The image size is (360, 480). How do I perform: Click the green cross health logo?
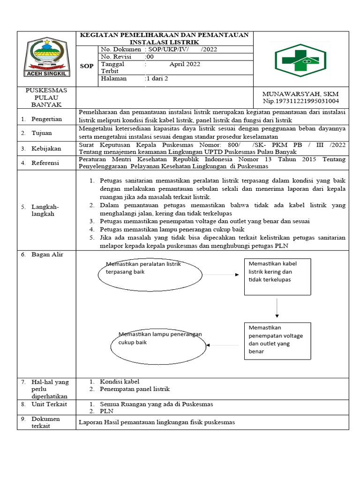pyautogui.click(x=301, y=60)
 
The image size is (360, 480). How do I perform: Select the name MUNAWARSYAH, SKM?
pyautogui.click(x=300, y=94)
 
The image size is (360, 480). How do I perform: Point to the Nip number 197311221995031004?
pyautogui.click(x=300, y=101)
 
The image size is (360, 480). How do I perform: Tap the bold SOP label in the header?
pyautogui.click(x=87, y=66)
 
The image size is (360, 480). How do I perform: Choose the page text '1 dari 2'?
pyautogui.click(x=157, y=79)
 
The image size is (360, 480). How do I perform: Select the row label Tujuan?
pyautogui.click(x=42, y=133)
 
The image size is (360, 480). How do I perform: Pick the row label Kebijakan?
pyautogui.click(x=46, y=148)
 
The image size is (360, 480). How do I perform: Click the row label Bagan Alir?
pyautogui.click(x=47, y=255)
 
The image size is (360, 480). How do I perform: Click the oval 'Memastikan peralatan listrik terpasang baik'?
pyautogui.click(x=142, y=275)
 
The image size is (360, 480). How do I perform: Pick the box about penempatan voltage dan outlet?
pyautogui.click(x=277, y=340)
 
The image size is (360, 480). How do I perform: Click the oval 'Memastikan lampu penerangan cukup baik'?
pyautogui.click(x=158, y=345)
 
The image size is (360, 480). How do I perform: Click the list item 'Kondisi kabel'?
pyautogui.click(x=120, y=382)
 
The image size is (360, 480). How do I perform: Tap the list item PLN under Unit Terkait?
pyautogui.click(x=106, y=411)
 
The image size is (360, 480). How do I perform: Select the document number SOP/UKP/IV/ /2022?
pyautogui.click(x=182, y=49)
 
